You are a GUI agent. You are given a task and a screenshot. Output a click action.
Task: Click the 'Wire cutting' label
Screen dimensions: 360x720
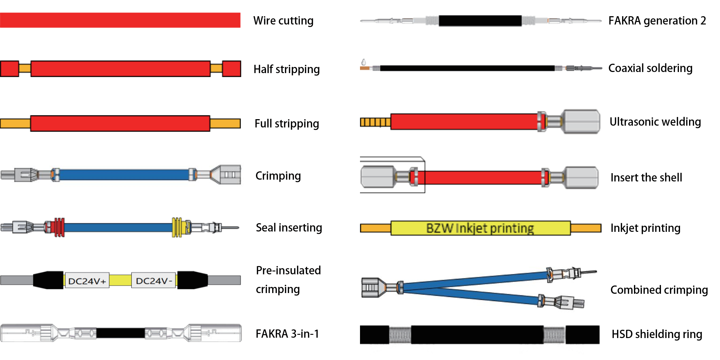click(x=283, y=21)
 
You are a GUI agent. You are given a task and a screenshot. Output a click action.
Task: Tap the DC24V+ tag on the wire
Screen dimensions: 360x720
click(x=87, y=281)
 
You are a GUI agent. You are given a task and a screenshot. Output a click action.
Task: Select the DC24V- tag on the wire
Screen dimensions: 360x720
click(x=154, y=281)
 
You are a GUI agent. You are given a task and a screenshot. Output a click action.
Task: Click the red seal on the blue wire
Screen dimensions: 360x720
click(x=58, y=227)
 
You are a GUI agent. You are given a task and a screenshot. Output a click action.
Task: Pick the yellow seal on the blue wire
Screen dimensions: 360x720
click(x=177, y=227)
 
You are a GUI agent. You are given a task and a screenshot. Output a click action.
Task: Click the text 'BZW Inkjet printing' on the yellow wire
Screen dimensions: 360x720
click(x=480, y=228)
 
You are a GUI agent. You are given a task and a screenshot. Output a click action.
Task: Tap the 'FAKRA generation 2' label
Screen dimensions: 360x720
click(x=657, y=21)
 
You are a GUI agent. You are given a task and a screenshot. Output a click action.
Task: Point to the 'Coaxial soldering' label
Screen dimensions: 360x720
click(x=650, y=68)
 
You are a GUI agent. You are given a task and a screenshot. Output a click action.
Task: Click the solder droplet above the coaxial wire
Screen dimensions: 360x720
click(x=364, y=62)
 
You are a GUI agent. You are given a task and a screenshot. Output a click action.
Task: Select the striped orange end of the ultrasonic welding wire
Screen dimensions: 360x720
click(x=375, y=122)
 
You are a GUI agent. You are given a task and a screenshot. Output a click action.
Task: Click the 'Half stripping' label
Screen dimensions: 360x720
click(x=287, y=69)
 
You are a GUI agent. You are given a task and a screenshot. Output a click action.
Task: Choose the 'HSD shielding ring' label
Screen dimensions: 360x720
click(x=657, y=334)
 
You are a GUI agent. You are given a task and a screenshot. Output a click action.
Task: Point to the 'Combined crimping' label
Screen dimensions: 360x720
click(x=659, y=290)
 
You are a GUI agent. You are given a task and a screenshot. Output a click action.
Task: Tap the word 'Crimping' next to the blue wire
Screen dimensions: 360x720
click(x=278, y=176)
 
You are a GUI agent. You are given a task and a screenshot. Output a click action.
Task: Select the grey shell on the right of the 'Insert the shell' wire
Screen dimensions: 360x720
click(x=581, y=177)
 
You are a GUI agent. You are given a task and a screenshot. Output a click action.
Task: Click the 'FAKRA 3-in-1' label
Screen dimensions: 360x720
click(x=287, y=334)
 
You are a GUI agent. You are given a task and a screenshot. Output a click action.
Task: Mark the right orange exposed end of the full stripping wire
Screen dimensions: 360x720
click(x=225, y=123)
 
